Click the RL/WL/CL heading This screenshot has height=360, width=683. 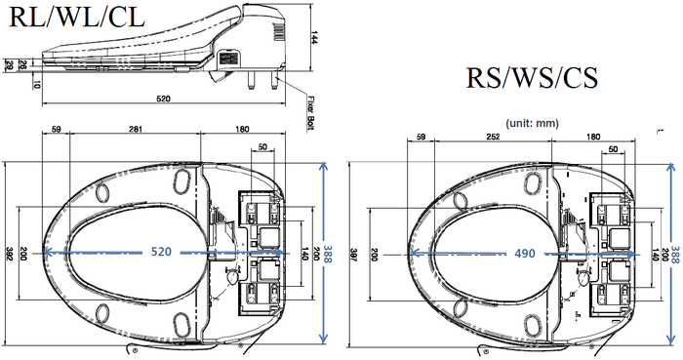77,18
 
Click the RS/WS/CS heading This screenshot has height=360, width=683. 532,78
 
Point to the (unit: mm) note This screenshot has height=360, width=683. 532,123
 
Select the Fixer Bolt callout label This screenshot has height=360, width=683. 311,113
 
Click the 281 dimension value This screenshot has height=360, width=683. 136,129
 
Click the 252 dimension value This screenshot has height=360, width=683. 493,137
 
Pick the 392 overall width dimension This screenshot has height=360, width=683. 9,254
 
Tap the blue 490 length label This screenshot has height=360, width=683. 525,253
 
